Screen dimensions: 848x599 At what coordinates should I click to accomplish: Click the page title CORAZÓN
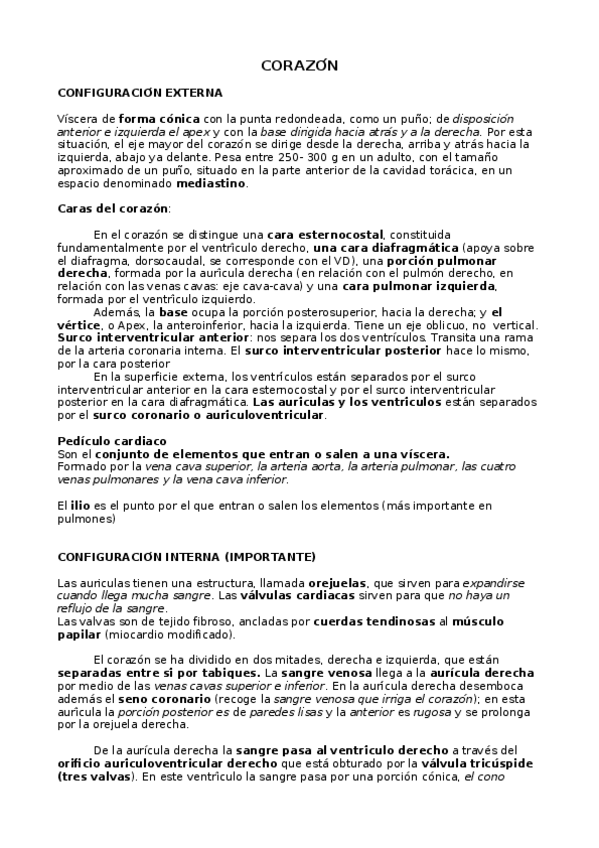[299, 66]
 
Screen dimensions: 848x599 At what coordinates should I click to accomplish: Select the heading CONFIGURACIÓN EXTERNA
[140, 92]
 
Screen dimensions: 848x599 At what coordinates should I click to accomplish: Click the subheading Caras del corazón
[113, 208]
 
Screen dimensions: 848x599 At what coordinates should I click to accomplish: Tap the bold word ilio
[78, 506]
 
